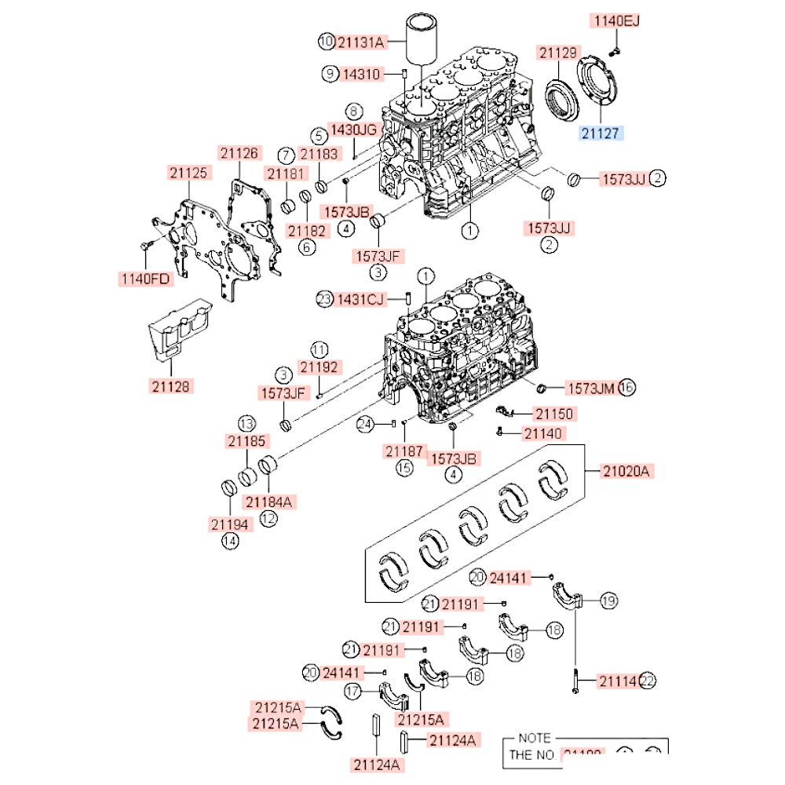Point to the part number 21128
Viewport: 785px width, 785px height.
tap(172, 385)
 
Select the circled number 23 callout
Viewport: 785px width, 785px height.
tap(325, 298)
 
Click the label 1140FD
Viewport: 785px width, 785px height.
tap(145, 278)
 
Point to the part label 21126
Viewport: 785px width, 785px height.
tap(238, 154)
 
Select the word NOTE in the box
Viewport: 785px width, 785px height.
tap(535, 739)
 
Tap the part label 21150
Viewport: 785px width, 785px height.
tap(554, 413)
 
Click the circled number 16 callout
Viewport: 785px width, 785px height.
tap(626, 387)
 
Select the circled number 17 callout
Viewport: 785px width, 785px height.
tap(353, 691)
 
